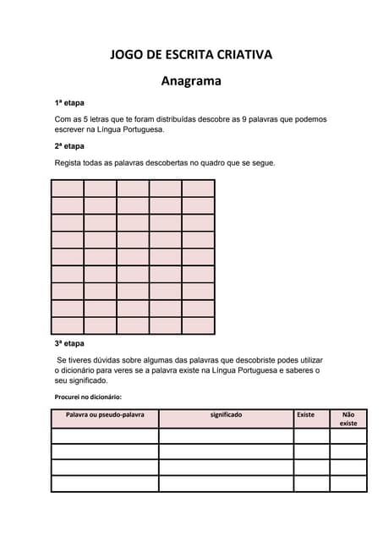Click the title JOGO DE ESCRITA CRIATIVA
(191, 55)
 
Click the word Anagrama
(191, 82)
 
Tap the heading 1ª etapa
(69, 103)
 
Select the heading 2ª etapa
(69, 146)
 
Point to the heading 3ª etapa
(69, 344)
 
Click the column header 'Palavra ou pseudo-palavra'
(105, 415)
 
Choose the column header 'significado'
(226, 415)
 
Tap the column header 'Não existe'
(347, 418)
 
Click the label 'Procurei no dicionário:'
(88, 396)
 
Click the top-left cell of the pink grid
(68, 189)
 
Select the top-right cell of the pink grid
(198, 189)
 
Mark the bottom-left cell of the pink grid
(68, 325)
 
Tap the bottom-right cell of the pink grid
(198, 325)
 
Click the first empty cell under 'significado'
(226, 436)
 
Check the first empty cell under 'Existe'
(311, 436)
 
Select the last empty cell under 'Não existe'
(347, 484)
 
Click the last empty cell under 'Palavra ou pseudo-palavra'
(105, 484)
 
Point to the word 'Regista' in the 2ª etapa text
(68, 162)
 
